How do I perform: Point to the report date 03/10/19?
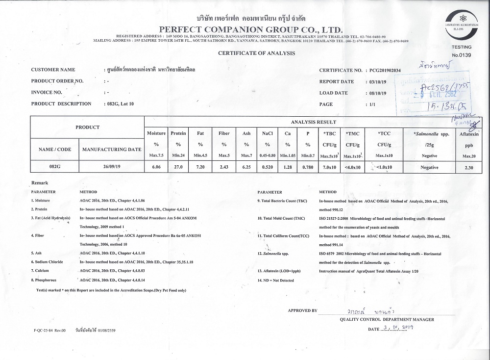(x=377, y=82)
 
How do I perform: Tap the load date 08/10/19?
(x=377, y=93)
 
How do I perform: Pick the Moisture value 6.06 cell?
(x=156, y=167)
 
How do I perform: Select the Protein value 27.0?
(x=178, y=167)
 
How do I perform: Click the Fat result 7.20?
(x=200, y=167)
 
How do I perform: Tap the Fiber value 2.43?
(x=223, y=167)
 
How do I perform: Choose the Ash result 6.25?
(x=246, y=167)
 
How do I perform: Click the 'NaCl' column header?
(x=267, y=133)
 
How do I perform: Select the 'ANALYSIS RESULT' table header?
(x=314, y=122)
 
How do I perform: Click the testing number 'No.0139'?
(x=461, y=55)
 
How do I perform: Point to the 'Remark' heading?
(x=39, y=182)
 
